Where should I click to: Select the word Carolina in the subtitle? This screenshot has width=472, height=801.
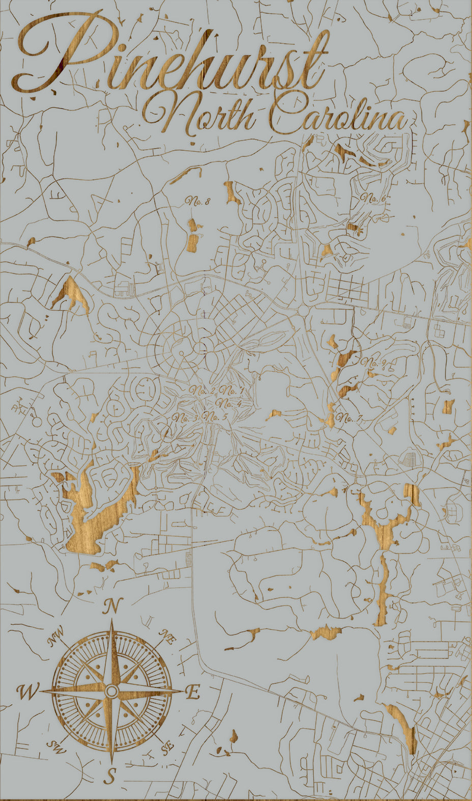click(338, 117)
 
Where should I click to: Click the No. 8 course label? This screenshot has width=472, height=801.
click(198, 201)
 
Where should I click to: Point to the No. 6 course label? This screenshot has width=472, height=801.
click(372, 198)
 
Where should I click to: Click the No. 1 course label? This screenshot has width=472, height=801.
click(232, 391)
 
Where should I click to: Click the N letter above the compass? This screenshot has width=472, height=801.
click(112, 606)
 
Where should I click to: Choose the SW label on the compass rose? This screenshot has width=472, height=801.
click(54, 747)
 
